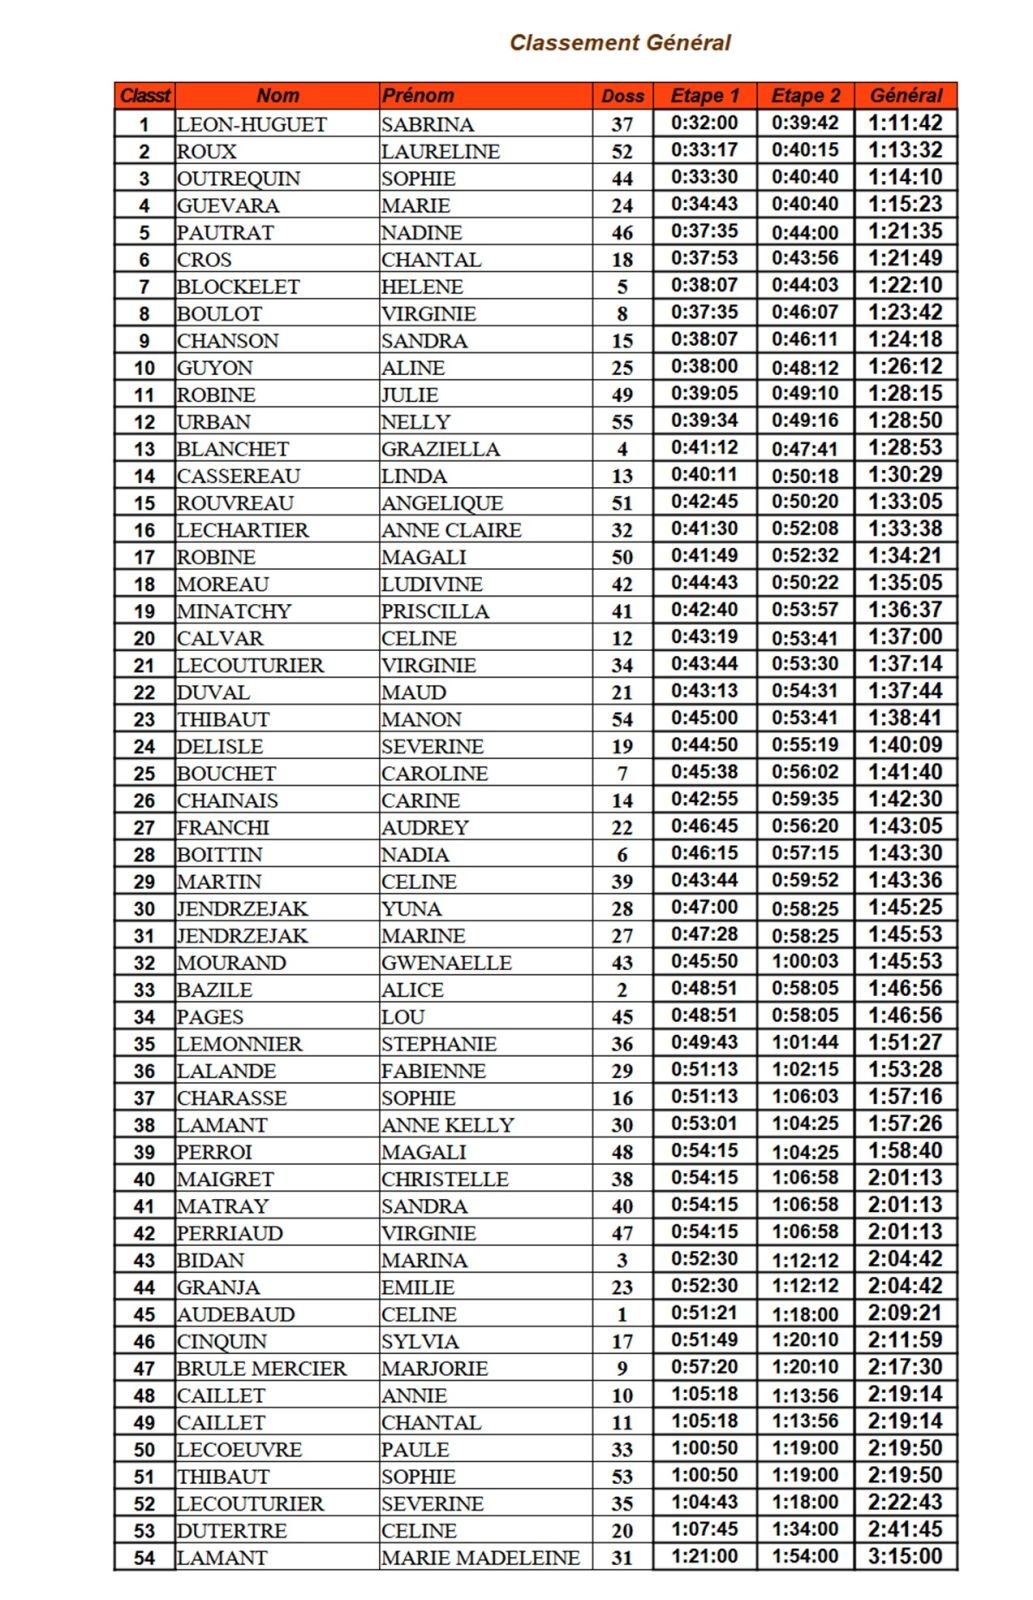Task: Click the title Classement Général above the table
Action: (620, 43)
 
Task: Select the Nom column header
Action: (277, 96)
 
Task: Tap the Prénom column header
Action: (418, 96)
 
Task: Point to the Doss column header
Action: (622, 96)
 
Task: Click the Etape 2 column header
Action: (805, 96)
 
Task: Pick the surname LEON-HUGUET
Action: (252, 124)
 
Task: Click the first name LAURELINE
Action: (440, 151)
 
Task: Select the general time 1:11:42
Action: (905, 123)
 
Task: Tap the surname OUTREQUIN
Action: (239, 178)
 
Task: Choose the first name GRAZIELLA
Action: (440, 449)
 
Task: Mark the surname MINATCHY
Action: (234, 611)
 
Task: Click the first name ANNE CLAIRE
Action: (451, 530)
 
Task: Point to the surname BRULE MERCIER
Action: (262, 1368)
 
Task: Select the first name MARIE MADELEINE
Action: (480, 1557)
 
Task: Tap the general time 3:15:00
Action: (905, 1556)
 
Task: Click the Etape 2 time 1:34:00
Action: (805, 1529)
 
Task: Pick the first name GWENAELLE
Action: (446, 962)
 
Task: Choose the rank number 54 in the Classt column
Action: (145, 1558)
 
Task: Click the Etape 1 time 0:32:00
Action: (704, 123)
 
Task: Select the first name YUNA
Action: (411, 908)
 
